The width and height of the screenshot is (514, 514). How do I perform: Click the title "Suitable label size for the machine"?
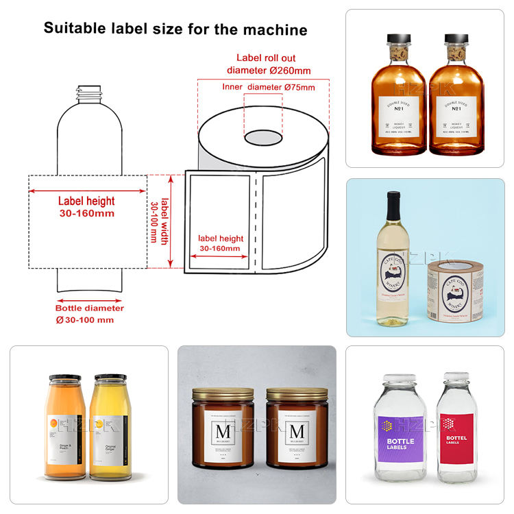175,29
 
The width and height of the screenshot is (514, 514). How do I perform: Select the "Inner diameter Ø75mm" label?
269,87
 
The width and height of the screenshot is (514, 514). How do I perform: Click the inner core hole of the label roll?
262,136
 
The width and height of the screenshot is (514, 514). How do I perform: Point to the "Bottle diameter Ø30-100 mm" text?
89,314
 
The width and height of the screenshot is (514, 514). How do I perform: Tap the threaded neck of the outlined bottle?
86,91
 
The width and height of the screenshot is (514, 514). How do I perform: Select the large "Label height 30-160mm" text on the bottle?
86,207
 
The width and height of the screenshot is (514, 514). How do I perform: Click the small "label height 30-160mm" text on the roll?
221,243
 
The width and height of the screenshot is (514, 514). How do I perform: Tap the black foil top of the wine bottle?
393,206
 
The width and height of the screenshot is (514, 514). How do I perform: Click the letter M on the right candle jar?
297,432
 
